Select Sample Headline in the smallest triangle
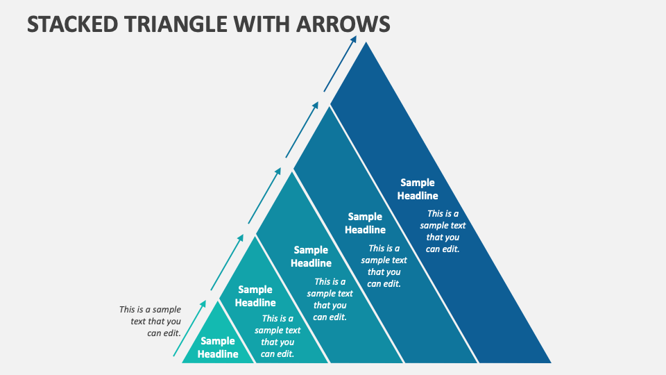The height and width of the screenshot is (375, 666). (218, 347)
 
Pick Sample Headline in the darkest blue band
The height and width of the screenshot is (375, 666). (418, 189)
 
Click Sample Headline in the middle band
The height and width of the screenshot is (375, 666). (311, 256)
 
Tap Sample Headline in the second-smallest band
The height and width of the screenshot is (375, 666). (255, 296)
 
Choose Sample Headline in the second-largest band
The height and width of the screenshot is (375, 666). (365, 223)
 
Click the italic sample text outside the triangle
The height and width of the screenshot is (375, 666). (150, 321)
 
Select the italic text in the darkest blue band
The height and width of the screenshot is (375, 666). (443, 231)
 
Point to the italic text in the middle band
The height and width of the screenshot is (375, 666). (330, 299)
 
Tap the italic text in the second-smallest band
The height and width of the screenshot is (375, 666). (277, 336)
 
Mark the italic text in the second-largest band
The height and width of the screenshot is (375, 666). (384, 265)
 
